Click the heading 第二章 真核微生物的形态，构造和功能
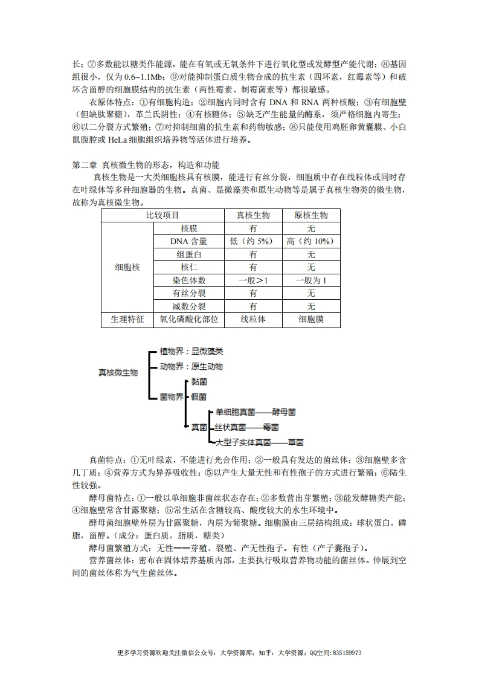(146, 164)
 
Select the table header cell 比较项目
(162, 216)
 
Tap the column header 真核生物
(253, 216)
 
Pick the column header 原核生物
(311, 216)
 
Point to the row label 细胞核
(127, 267)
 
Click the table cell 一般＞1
(253, 280)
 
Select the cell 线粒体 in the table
(253, 319)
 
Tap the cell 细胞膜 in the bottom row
(311, 319)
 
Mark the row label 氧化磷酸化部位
(189, 319)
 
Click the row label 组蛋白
(189, 254)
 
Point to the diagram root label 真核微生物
(118, 373)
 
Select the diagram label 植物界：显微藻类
(191, 351)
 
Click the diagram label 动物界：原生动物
(191, 367)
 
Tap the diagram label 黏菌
(199, 383)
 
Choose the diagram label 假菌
(199, 397)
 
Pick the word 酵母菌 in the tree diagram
(283, 412)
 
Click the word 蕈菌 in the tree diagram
(295, 442)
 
